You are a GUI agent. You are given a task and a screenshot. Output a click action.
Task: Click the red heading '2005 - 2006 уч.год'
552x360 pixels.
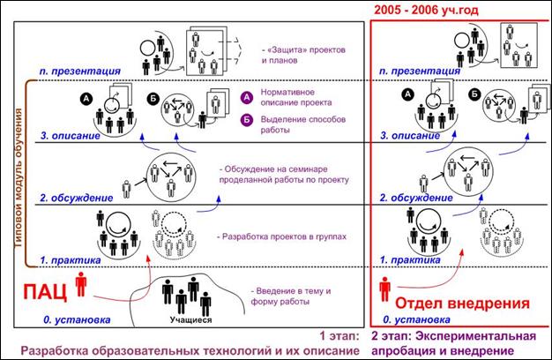pyautogui.click(x=426, y=10)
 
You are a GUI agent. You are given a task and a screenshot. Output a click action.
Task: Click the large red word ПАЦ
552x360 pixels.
pyautogui.click(x=45, y=292)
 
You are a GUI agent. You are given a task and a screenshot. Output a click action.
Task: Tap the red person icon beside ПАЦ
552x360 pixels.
pyautogui.click(x=81, y=284)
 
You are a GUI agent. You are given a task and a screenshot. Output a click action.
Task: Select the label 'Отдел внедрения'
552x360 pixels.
pyautogui.click(x=462, y=303)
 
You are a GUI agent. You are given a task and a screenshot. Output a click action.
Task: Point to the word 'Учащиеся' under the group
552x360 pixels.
pyautogui.click(x=190, y=319)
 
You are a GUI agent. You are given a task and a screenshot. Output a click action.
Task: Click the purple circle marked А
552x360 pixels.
pyautogui.click(x=247, y=98)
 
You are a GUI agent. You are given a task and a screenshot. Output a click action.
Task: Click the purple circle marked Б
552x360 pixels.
pyautogui.click(x=247, y=120)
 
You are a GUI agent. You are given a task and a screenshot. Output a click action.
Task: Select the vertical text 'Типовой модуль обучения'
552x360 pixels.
pyautogui.click(x=19, y=178)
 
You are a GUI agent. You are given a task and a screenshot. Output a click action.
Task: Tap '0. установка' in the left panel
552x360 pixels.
pyautogui.click(x=77, y=319)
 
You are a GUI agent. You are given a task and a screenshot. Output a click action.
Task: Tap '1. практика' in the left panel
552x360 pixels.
pyautogui.click(x=70, y=260)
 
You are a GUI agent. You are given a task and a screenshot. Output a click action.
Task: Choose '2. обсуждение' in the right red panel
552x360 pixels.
pyautogui.click(x=415, y=198)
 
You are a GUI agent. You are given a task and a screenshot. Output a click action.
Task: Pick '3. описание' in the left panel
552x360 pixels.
pyautogui.click(x=70, y=136)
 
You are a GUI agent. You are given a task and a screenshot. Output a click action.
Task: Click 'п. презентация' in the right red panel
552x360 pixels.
pyautogui.click(x=419, y=71)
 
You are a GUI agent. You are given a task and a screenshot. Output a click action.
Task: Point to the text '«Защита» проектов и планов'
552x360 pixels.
pyautogui.click(x=303, y=55)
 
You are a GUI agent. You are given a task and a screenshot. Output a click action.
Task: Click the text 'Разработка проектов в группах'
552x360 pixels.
pyautogui.click(x=282, y=236)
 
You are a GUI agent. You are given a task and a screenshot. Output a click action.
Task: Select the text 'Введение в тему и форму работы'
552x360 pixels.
pyautogui.click(x=291, y=296)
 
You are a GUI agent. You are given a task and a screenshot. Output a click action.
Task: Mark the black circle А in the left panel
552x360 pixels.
pyautogui.click(x=86, y=99)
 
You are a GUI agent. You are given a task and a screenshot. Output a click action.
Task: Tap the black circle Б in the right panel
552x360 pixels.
pyautogui.click(x=475, y=94)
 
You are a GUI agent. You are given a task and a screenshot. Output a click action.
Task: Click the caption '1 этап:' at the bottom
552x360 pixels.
pyautogui.click(x=339, y=336)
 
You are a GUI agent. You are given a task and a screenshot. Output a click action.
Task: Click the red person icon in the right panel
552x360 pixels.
pyautogui.click(x=384, y=289)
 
